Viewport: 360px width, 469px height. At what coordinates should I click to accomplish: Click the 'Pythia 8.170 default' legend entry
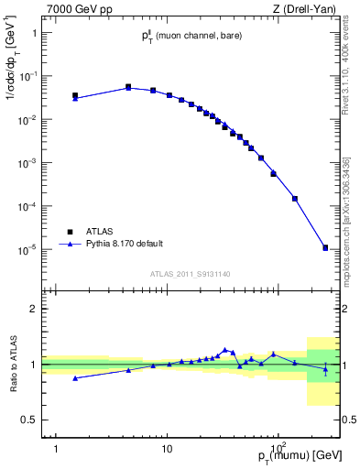tap(111, 244)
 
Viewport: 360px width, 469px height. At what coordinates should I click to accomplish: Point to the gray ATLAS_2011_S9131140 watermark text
tap(191, 273)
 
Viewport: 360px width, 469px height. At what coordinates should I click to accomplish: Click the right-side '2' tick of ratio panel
tap(348, 309)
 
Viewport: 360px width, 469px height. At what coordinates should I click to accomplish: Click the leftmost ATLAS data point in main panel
tap(75, 95)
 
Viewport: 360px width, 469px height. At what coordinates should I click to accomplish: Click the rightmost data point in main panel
tap(325, 247)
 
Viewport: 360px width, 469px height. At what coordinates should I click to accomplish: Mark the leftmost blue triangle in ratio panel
tap(75, 377)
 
